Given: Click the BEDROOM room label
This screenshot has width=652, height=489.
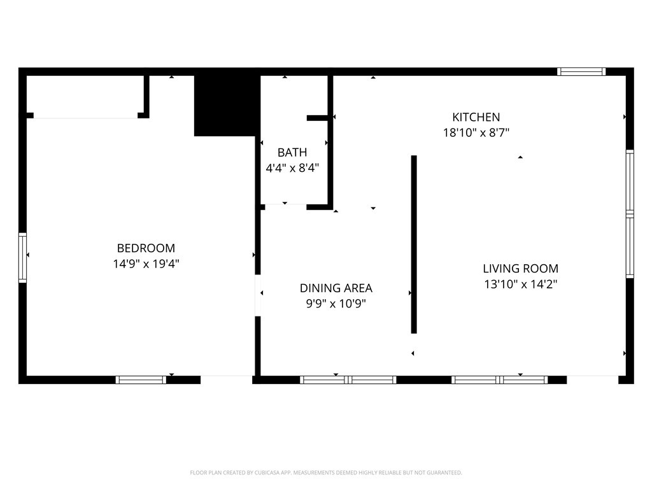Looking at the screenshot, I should (146, 248).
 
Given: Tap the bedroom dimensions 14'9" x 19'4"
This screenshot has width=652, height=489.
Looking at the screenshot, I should (146, 264).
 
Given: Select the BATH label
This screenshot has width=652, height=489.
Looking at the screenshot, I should (292, 153).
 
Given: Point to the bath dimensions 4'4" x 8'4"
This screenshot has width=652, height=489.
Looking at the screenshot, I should (292, 168).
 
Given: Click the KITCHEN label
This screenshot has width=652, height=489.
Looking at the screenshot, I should (476, 117).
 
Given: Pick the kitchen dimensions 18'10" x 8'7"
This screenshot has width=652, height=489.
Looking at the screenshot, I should (476, 132).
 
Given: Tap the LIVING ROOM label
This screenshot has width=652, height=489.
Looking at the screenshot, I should (520, 269).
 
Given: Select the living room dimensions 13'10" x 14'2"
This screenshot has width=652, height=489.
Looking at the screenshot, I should (520, 284).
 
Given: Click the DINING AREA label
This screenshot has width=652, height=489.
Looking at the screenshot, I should (336, 288).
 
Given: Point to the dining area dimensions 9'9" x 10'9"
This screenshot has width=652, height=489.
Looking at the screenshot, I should (336, 304).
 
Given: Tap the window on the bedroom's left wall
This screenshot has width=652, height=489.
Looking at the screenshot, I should (23, 257).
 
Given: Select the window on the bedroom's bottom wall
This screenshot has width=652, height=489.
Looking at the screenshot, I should (141, 380).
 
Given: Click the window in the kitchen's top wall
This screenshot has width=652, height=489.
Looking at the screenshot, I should (581, 71).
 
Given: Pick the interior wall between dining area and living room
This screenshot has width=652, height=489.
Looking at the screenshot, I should (414, 244).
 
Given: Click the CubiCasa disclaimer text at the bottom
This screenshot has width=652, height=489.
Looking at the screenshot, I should (326, 472).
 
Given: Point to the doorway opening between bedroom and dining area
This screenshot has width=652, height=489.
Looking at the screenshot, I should (258, 295).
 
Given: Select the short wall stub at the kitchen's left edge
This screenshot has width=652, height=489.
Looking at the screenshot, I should (318, 118).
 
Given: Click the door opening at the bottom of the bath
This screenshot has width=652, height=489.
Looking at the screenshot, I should (285, 206).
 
